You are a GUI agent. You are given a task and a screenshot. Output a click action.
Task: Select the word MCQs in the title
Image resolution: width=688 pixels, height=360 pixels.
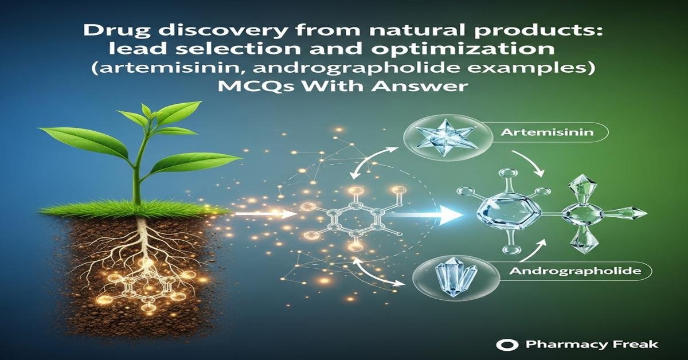276,91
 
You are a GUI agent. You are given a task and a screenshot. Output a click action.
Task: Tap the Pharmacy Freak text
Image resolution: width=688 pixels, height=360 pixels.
591,345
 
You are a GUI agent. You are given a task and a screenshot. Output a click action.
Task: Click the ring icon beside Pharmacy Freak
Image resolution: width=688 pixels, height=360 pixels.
505,345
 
